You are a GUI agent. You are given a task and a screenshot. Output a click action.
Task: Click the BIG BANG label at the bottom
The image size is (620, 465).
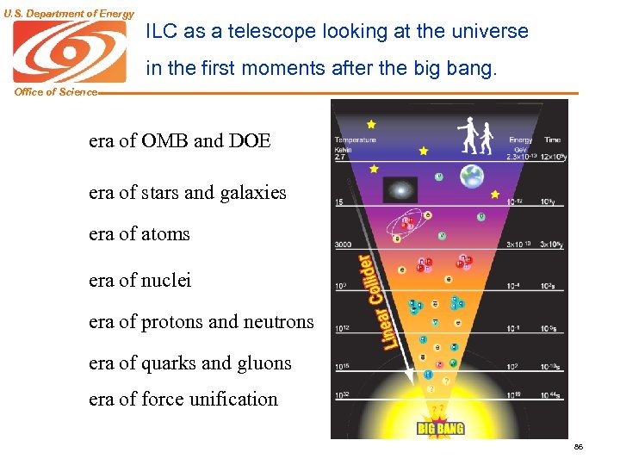440,428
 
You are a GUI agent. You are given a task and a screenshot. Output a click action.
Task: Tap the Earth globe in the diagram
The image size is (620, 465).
471,177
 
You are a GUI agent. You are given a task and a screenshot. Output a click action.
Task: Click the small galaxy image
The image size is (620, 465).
399,189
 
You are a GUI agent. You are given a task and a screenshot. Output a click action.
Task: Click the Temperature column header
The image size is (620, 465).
355,139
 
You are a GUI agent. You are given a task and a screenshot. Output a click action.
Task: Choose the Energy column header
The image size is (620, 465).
520,139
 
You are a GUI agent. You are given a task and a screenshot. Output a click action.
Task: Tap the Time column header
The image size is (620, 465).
552,139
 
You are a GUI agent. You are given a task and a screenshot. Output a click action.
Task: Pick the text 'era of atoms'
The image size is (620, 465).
139,233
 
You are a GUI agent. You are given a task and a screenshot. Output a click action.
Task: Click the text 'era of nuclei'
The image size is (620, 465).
139,280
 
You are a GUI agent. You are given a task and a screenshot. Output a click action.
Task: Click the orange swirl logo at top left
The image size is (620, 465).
69,52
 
